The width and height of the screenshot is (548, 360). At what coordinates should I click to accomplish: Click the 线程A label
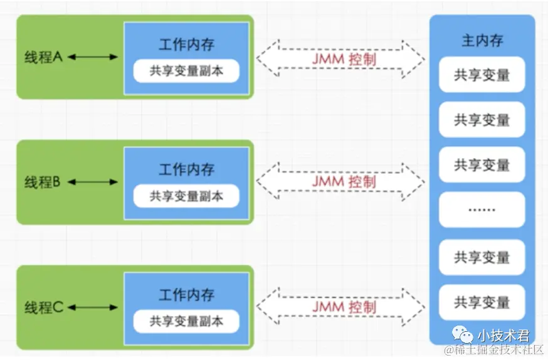pos(43,57)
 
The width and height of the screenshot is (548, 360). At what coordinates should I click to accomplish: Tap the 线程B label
pos(42,182)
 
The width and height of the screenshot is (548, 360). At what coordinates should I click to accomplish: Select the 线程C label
pos(44,307)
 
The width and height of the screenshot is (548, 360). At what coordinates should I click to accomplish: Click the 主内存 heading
pos(482,41)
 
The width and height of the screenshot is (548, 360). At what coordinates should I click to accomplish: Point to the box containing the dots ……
pos(482,209)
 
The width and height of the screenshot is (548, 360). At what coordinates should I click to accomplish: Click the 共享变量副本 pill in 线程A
pos(186,71)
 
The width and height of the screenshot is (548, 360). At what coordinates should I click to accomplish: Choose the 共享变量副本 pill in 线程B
pos(186,196)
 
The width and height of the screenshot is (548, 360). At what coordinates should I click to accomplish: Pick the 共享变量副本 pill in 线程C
pos(186,321)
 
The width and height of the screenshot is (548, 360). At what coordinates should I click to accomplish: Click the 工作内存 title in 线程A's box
pos(187,45)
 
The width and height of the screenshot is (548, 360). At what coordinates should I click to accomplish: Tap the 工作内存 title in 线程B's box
pos(187,169)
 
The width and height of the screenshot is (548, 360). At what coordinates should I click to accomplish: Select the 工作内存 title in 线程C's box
pos(187,295)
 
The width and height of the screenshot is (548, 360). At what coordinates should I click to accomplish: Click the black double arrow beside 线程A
pos(93,57)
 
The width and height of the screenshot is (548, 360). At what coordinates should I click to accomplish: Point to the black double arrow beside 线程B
pos(93,182)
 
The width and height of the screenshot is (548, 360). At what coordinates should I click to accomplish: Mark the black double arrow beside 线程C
pos(93,307)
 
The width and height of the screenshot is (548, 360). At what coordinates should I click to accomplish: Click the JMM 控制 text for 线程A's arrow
pos(344,59)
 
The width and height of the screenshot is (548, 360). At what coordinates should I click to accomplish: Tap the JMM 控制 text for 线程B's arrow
pos(344,182)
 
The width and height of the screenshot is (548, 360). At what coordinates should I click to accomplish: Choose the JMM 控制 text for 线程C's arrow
pos(344,307)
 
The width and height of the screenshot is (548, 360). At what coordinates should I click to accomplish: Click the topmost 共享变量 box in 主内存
pos(482,75)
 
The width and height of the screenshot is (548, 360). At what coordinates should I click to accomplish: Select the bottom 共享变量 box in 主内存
pos(482,302)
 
